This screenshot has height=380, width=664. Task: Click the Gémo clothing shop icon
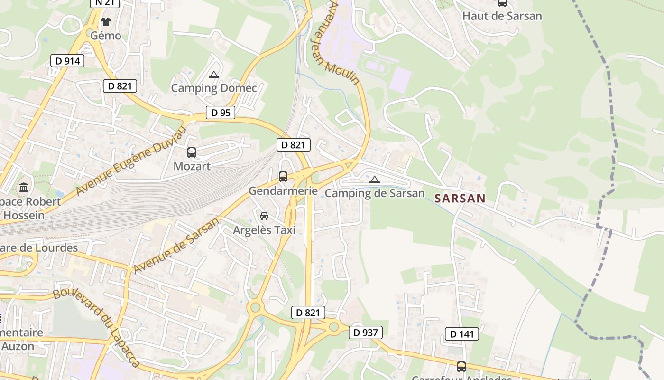(x=105, y=22)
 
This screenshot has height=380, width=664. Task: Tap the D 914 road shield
(x=67, y=61)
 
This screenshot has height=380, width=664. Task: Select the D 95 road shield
(x=221, y=113)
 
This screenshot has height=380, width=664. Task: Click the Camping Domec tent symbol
(x=214, y=75)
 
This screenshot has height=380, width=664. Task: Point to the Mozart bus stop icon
(x=192, y=152)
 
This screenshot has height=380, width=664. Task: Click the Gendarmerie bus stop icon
(x=283, y=177)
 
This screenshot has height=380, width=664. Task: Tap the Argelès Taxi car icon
(x=264, y=216)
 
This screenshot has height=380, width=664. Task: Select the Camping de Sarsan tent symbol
(x=375, y=180)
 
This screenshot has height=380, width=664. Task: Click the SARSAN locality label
(x=460, y=199)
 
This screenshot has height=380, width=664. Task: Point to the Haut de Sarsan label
(x=502, y=16)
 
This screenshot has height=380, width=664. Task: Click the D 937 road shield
(x=366, y=332)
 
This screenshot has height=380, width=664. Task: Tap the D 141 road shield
(x=461, y=334)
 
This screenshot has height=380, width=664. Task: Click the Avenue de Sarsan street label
(x=176, y=246)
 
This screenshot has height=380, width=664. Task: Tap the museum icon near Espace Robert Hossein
(x=24, y=187)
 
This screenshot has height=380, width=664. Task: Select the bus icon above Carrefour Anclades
(x=461, y=366)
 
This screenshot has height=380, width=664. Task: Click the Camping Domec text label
(x=214, y=88)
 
